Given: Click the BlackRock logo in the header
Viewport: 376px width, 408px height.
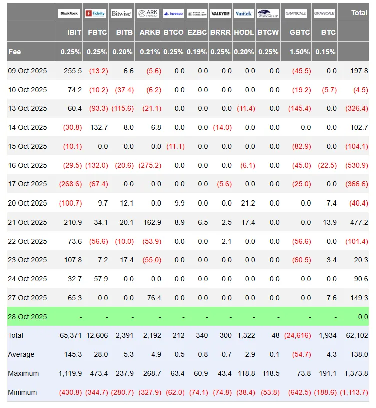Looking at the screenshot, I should (69, 14).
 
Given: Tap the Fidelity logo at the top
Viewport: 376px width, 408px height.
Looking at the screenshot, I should (96, 14).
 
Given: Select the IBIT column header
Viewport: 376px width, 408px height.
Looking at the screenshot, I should (74, 32).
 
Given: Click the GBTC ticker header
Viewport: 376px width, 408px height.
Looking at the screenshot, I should (300, 32).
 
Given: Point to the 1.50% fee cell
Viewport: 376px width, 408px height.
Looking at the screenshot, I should (300, 51).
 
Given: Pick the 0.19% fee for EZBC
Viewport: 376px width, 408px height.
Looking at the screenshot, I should (197, 51).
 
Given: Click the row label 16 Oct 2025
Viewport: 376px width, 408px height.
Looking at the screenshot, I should (27, 165).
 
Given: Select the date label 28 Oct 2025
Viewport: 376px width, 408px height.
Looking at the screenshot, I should (27, 317).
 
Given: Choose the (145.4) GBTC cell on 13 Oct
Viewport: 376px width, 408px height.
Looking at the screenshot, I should (299, 108).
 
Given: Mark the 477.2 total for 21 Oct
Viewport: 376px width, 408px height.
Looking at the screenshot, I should (359, 222).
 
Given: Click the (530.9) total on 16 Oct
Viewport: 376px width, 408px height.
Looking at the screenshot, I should (357, 165).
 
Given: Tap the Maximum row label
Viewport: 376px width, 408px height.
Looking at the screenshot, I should (22, 373).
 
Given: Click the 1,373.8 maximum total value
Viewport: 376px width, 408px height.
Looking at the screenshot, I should (356, 373).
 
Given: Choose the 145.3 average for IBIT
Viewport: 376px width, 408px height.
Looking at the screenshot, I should (72, 354).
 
